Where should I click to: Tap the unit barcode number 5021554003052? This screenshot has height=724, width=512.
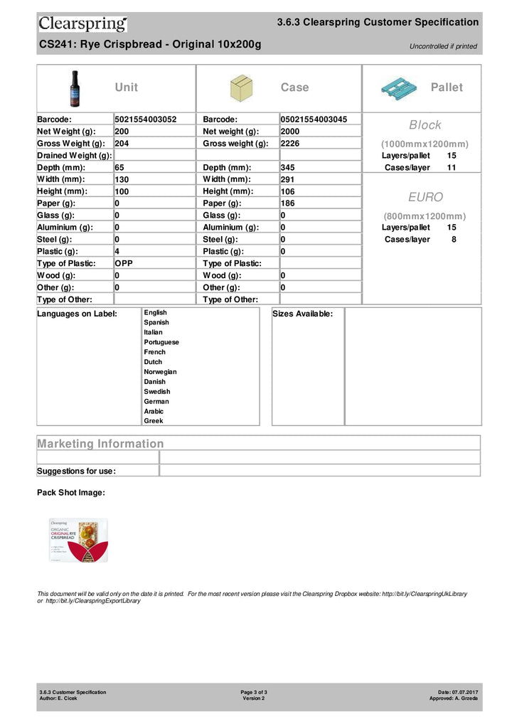click(146, 119)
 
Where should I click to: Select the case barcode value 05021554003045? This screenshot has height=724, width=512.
click(314, 119)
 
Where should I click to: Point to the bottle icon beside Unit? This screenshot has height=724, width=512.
click(75, 87)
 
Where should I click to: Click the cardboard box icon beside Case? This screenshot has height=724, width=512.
click(242, 88)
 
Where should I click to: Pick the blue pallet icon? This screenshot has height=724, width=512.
click(398, 88)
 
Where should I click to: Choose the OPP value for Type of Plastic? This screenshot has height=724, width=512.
click(124, 263)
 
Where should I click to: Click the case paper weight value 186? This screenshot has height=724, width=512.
click(289, 203)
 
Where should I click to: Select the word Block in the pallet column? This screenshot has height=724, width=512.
click(425, 125)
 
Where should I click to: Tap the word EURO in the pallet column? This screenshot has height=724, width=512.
click(425, 197)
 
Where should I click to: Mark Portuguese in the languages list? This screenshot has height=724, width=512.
click(161, 342)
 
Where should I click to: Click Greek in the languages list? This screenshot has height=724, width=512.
click(154, 421)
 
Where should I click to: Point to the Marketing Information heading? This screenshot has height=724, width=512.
click(100, 444)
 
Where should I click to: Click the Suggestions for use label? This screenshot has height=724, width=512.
click(76, 471)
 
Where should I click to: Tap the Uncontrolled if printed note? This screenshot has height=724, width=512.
click(443, 47)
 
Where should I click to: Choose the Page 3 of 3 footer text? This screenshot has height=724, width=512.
click(254, 692)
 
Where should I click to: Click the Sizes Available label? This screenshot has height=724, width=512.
click(303, 314)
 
